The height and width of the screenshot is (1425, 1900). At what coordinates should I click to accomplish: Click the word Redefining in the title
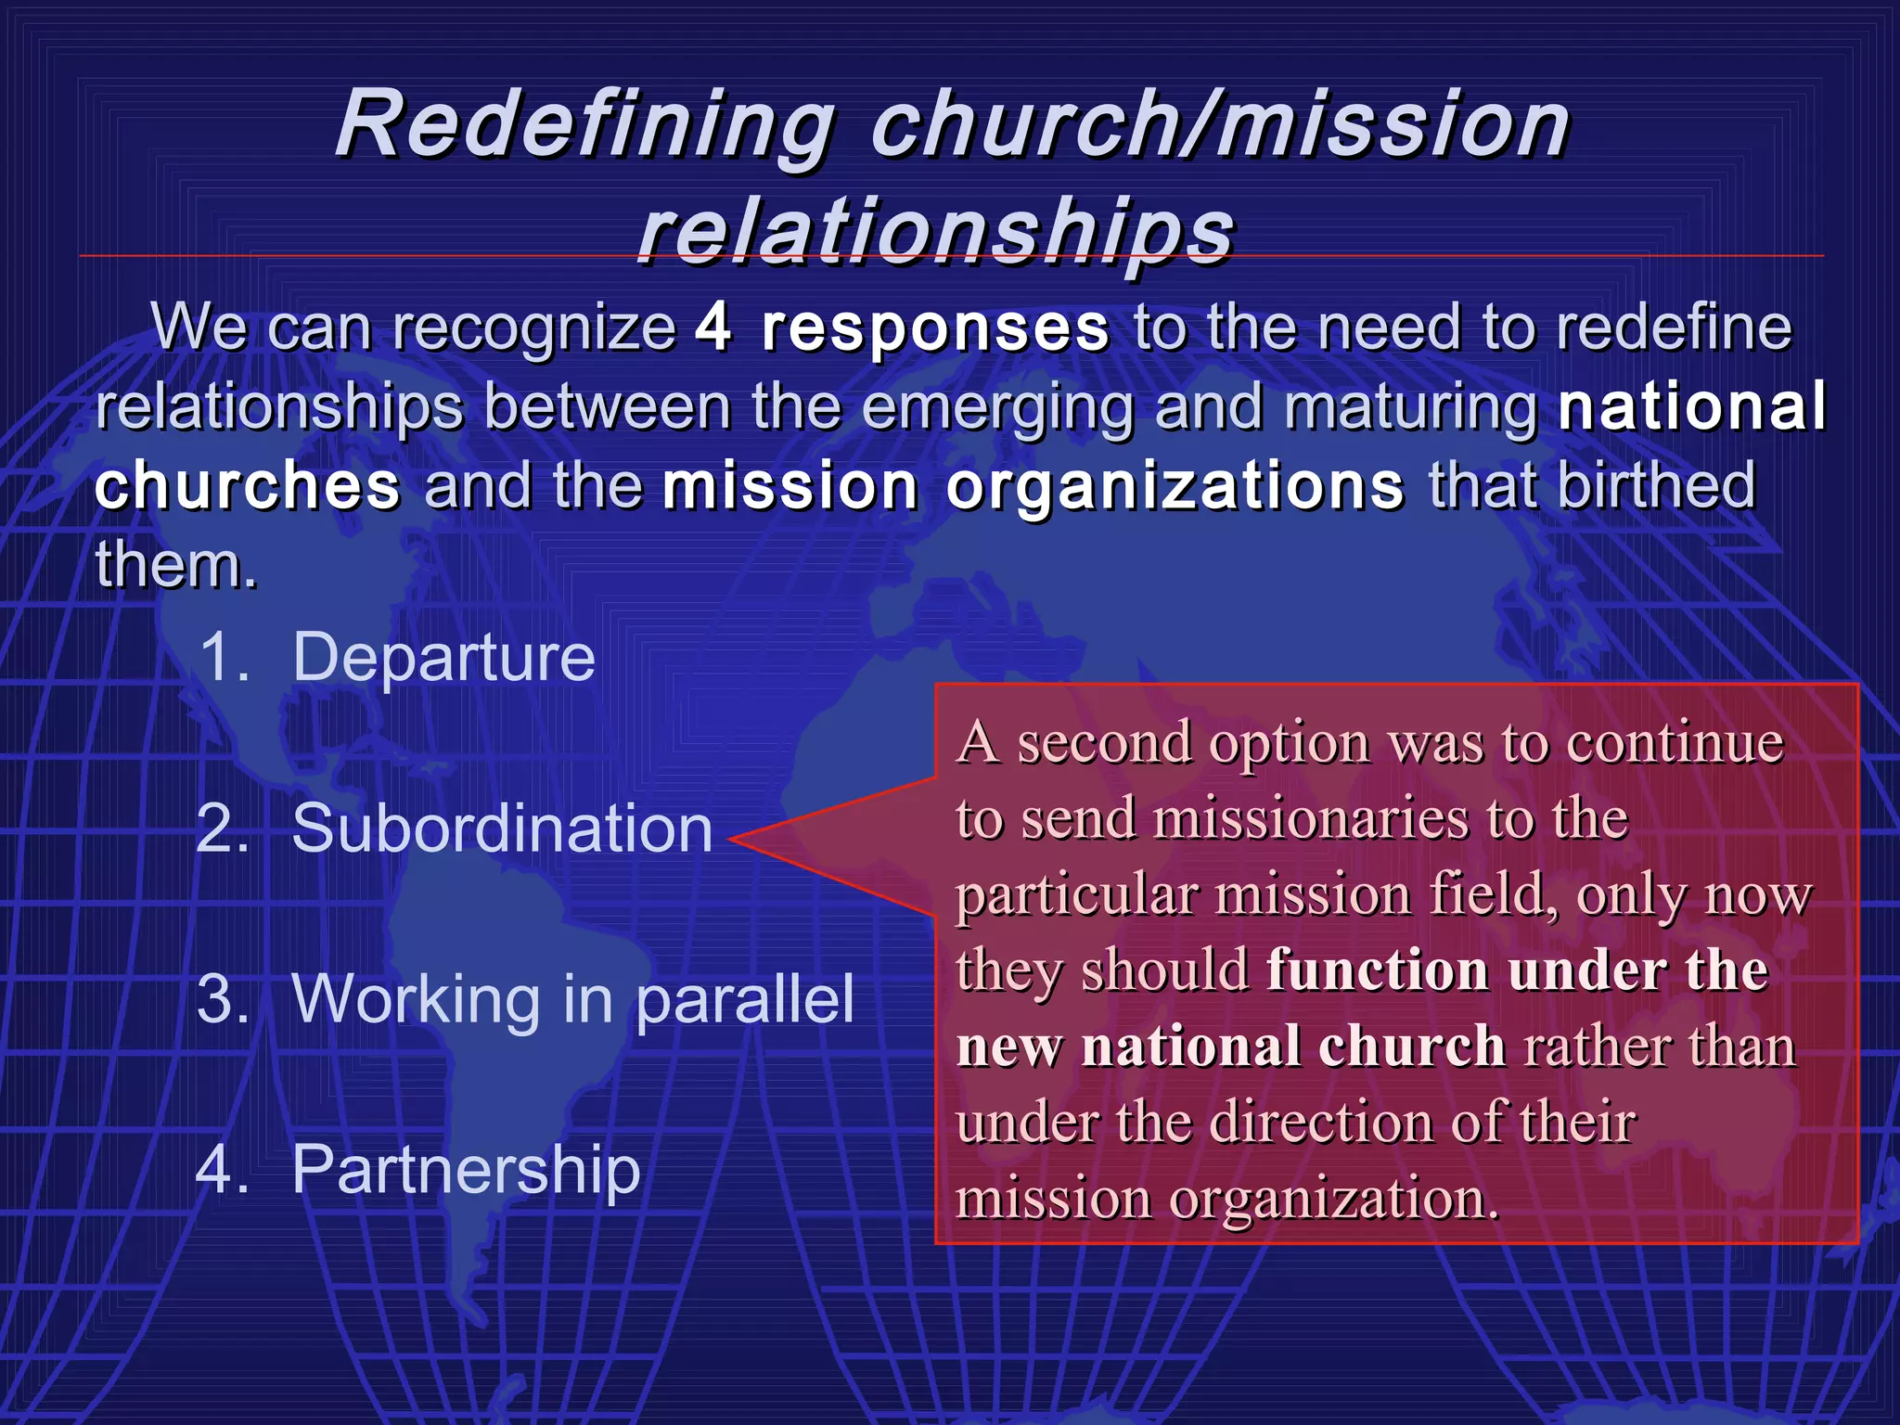[584, 125]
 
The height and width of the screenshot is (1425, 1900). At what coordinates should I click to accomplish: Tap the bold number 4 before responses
[712, 327]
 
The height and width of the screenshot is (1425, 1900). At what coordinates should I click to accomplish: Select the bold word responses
[935, 327]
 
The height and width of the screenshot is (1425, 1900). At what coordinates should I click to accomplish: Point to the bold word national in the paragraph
[1691, 405]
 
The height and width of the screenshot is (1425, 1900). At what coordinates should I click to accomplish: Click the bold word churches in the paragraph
[248, 485]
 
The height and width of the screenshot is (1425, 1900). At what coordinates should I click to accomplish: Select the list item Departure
[443, 657]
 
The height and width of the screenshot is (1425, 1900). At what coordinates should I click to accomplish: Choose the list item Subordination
[502, 828]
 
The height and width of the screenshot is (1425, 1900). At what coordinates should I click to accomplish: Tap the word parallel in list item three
[745, 999]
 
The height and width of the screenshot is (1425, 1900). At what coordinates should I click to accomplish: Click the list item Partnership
[466, 1169]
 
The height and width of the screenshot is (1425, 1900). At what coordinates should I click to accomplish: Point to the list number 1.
[223, 657]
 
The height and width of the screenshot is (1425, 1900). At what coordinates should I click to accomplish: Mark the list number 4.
[223, 1169]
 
